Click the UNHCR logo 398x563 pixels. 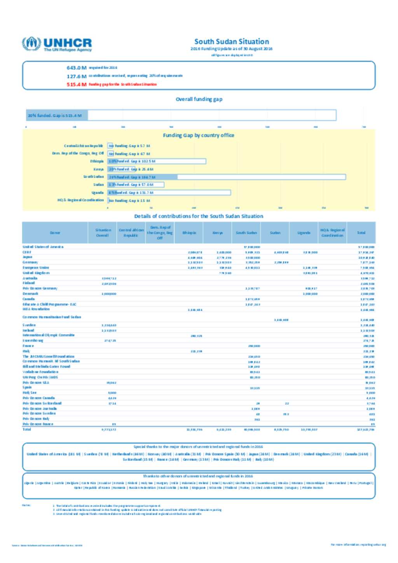tap(57, 44)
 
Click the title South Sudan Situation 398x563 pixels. tap(232, 42)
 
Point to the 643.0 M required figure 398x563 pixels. tap(77, 68)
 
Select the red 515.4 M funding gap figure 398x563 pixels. tap(76, 85)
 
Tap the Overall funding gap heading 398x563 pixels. tap(199, 99)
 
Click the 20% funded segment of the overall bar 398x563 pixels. tap(57, 115)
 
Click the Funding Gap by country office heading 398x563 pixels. tap(199, 136)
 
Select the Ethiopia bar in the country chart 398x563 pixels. tap(157, 161)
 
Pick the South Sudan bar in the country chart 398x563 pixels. tap(227, 177)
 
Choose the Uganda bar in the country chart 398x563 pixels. tap(169, 192)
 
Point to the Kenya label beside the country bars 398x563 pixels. tap(98, 169)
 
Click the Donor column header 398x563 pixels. tap(55, 233)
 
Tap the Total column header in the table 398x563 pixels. tap(361, 233)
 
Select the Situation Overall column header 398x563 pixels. tap(103, 233)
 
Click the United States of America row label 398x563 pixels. tap(43, 247)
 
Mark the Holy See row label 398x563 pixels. tap(29, 393)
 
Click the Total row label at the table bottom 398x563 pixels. tap(27, 429)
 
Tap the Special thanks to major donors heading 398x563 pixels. tap(198, 447)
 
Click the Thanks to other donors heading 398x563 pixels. tap(198, 476)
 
